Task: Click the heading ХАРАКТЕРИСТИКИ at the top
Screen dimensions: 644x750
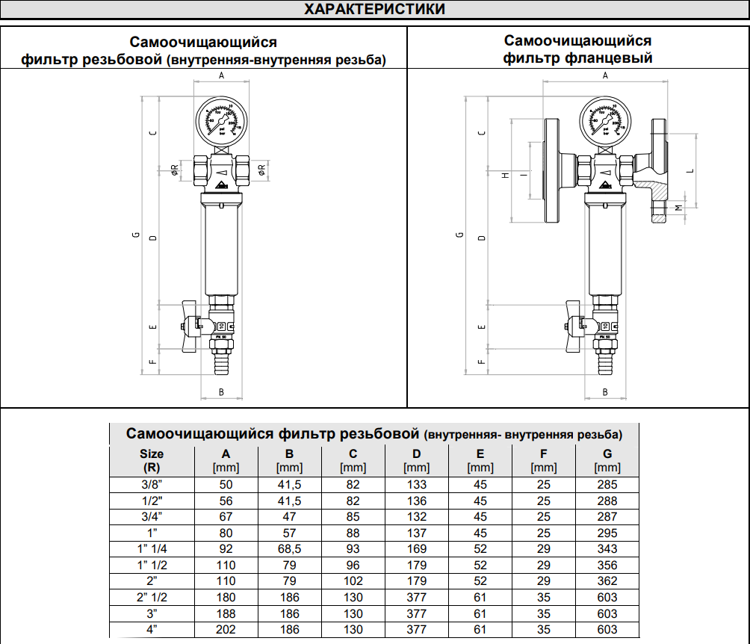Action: (375, 10)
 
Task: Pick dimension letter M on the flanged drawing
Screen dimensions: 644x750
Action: (678, 207)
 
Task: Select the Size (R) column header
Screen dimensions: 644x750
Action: (152, 460)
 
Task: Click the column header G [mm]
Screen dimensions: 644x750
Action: (607, 460)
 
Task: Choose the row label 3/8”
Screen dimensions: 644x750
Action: (152, 485)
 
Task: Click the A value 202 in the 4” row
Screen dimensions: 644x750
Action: (226, 630)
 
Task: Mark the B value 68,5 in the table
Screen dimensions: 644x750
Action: (289, 549)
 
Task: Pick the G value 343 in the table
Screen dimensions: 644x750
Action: (607, 549)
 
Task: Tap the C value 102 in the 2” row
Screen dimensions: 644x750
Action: (353, 581)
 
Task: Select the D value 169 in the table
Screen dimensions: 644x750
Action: (416, 549)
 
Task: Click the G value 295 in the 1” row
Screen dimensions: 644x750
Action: (607, 533)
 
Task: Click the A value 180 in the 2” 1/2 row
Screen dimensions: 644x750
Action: (226, 598)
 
